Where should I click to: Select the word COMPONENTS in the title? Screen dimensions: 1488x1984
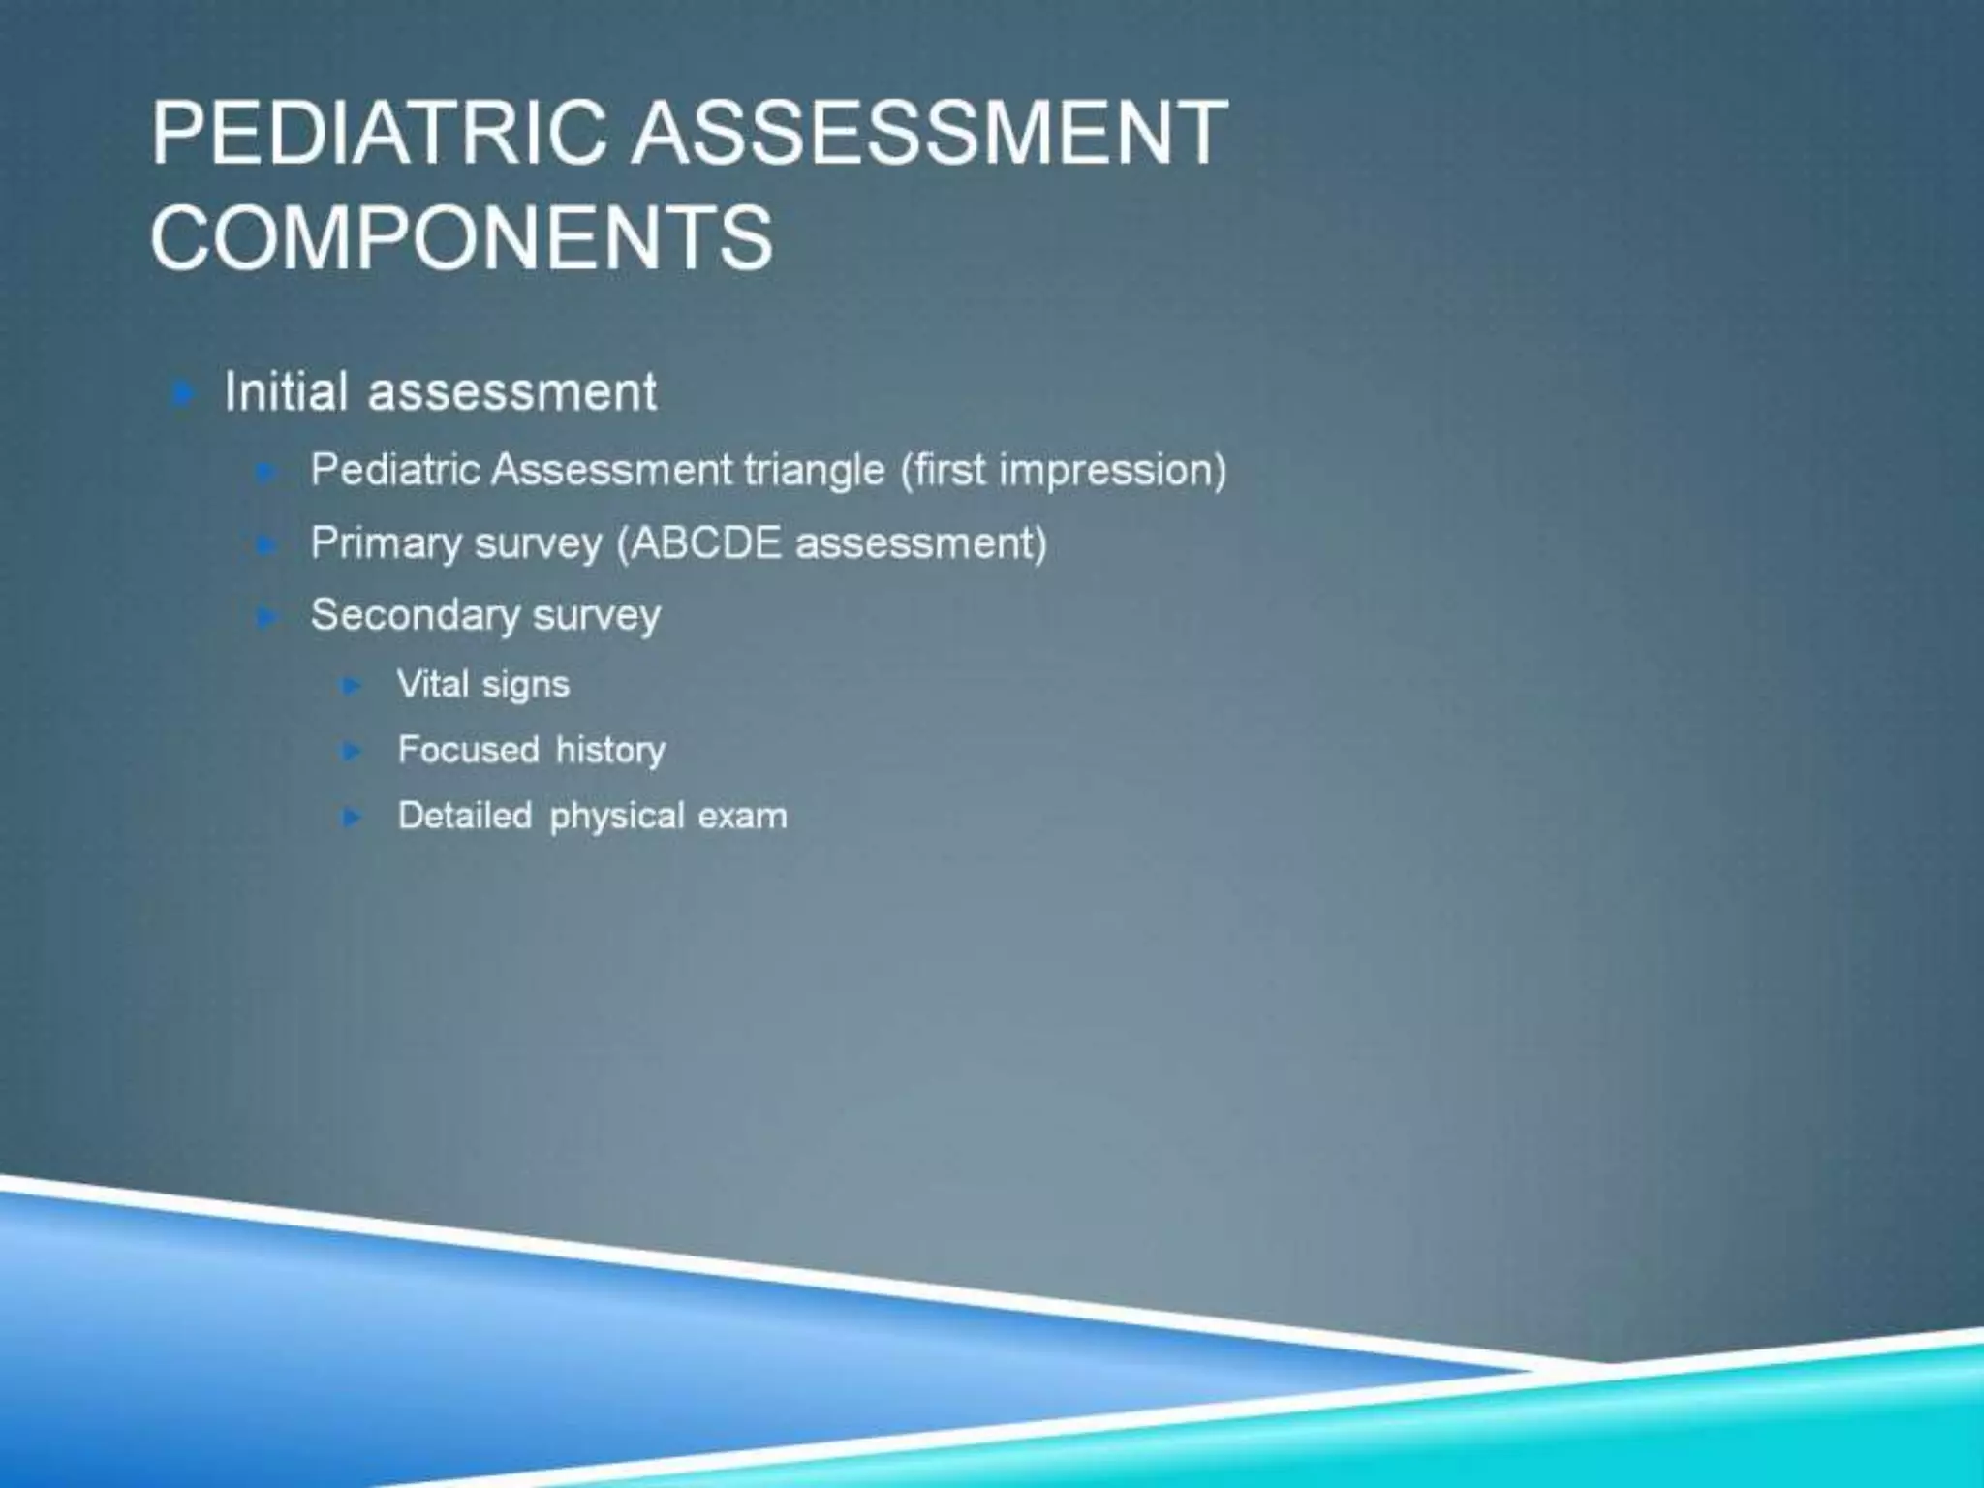coord(462,237)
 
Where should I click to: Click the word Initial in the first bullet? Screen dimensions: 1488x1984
coord(286,392)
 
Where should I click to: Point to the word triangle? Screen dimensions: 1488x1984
coord(814,471)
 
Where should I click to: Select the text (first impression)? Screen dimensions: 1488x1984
coord(1064,471)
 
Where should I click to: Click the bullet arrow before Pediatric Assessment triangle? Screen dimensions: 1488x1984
coord(266,473)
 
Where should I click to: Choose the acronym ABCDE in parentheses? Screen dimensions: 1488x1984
coord(706,543)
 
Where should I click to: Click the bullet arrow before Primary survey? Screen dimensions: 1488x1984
coord(266,545)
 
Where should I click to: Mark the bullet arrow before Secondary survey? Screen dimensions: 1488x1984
coord(266,617)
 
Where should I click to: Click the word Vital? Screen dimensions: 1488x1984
coord(433,685)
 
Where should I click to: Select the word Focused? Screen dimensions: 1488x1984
coord(468,750)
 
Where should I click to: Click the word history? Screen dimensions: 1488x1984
coord(610,751)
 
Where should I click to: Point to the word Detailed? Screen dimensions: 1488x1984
coord(465,816)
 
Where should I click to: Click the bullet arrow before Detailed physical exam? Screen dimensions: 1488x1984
coord(353,818)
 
